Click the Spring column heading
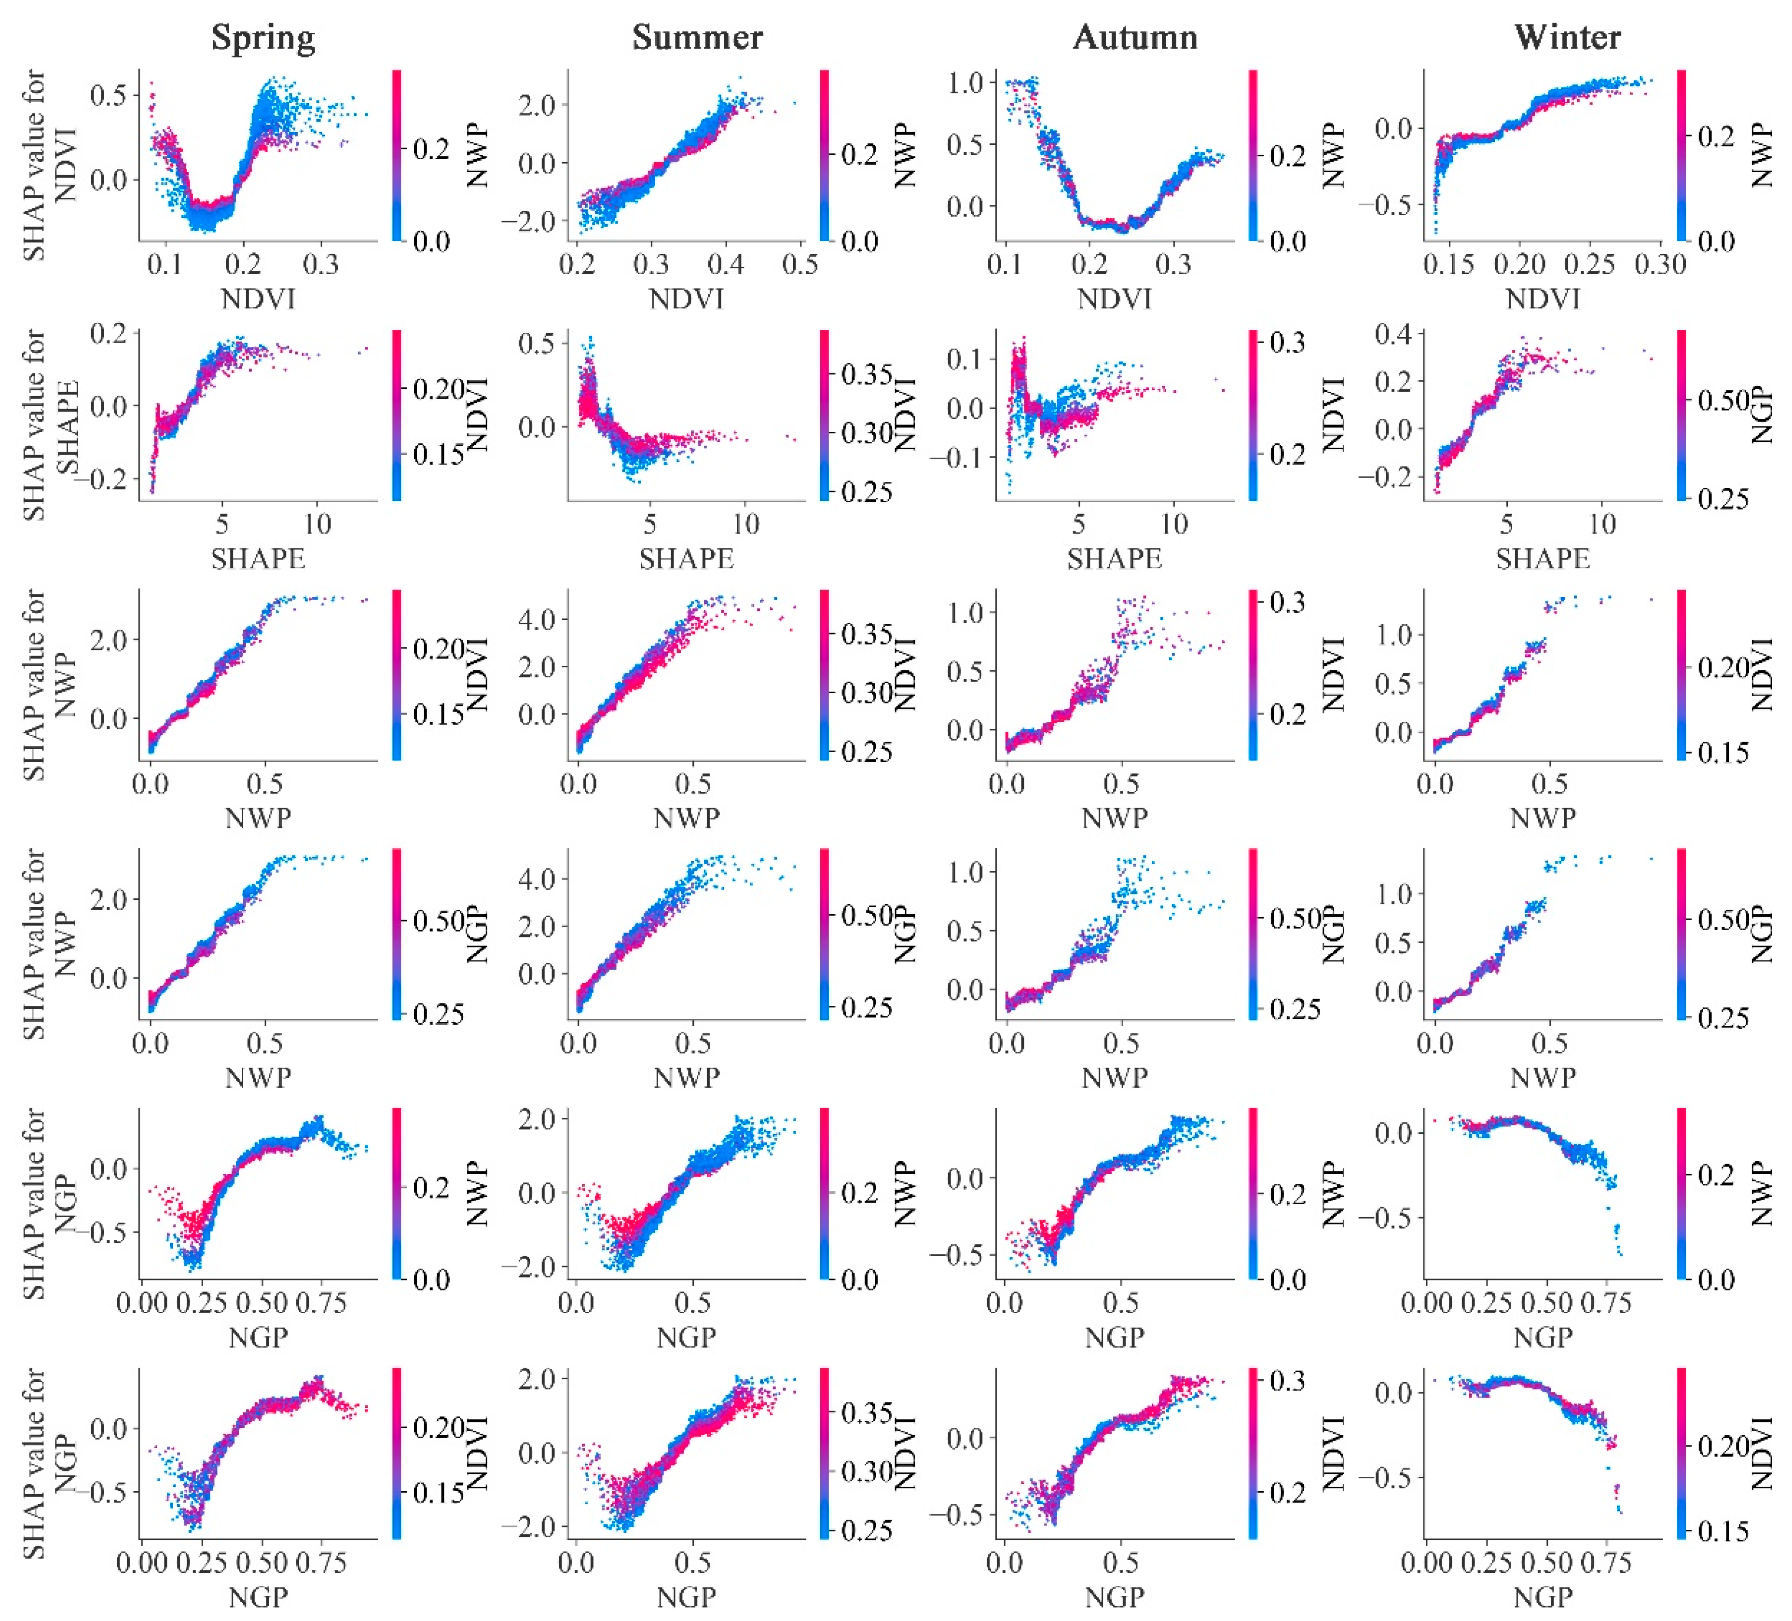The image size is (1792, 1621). click(x=263, y=37)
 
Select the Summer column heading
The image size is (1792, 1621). click(x=697, y=37)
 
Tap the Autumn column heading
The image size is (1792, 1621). click(x=1135, y=37)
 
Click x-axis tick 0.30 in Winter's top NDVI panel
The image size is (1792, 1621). click(x=1660, y=264)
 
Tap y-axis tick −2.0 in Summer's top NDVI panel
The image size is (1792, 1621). click(x=528, y=221)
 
